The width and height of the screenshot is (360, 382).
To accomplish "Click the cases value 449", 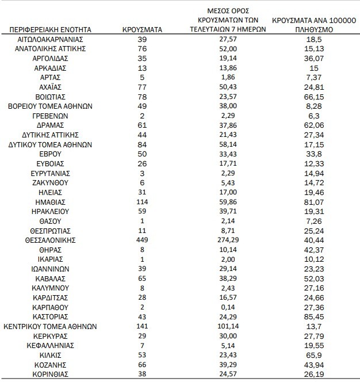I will [x=143, y=239].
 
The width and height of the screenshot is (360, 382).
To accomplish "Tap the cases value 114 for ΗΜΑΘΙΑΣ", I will [x=143, y=201].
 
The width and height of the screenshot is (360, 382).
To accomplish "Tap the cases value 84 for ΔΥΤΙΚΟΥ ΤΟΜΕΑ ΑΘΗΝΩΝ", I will [x=143, y=144].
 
